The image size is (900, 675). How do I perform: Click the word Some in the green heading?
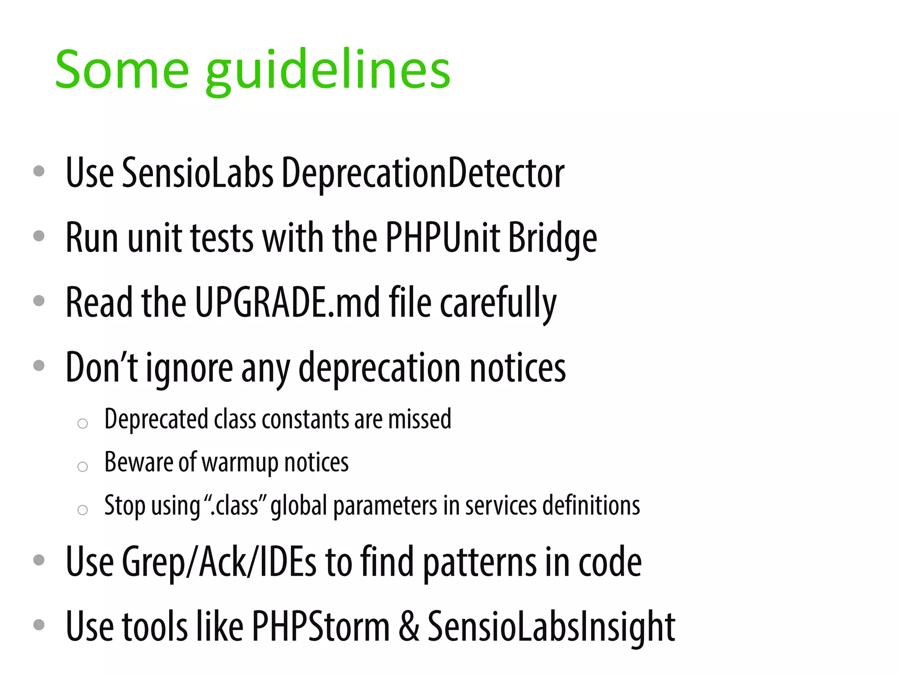pos(122,70)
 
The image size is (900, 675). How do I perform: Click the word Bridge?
pos(552,238)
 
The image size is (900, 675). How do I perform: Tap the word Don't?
pos(102,367)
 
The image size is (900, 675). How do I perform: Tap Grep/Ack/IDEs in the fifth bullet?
pos(219,562)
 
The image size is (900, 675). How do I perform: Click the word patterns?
pos(479,563)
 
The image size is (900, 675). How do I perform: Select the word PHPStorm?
pos(321,627)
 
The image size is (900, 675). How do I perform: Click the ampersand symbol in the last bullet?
pos(409,627)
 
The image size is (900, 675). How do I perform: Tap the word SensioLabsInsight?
pos(551,627)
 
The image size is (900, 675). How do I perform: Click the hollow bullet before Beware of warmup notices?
pos(83,467)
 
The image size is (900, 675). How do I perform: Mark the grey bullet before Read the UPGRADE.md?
pos(39,301)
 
